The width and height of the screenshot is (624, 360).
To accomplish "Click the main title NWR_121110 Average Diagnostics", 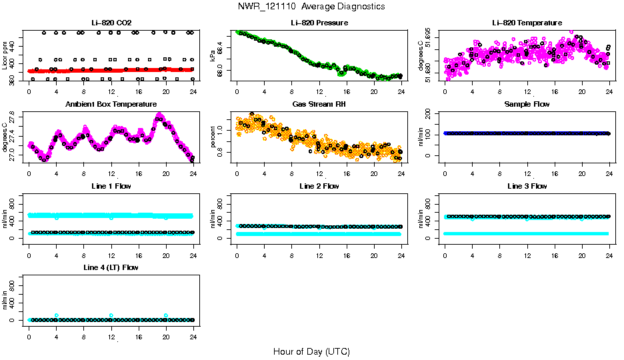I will tap(311, 7).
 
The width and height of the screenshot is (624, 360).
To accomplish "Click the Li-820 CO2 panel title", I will tap(111, 23).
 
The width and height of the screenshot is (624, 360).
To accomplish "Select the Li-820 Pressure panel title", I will tap(319, 23).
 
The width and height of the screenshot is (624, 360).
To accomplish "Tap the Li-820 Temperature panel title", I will tap(527, 23).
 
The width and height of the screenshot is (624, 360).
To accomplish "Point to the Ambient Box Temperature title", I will tap(111, 105).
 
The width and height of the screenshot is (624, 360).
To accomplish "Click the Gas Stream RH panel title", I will tap(319, 105).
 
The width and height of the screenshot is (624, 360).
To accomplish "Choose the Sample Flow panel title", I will tap(527, 105).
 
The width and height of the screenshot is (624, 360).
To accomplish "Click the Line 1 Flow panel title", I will tap(111, 186).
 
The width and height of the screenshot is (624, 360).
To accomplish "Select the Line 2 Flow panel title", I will tap(319, 186).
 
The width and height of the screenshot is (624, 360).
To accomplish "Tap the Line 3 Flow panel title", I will tap(527, 186).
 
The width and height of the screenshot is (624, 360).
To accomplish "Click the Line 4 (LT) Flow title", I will tap(111, 267).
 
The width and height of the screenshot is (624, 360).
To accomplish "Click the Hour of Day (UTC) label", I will tap(311, 351).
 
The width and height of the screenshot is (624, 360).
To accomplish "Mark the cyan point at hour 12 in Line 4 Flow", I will tap(111, 315).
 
